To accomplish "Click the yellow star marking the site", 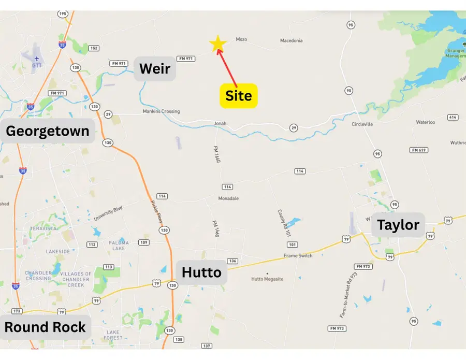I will tap(217, 45).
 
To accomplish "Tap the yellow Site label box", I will tap(239, 96).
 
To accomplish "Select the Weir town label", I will tap(155, 68).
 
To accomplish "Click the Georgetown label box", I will tap(48, 131).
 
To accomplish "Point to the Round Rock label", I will tap(45, 327).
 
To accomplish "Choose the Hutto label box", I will tap(202, 272).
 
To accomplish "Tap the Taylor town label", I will tap(398, 225).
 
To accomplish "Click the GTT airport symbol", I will tap(37, 58).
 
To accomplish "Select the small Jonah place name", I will tap(221, 123).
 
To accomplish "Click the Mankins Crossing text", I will tap(161, 111).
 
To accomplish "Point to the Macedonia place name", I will tap(291, 40).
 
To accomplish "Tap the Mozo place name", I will tap(241, 39).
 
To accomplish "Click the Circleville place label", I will tap(362, 124).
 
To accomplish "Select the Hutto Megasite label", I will tap(267, 279).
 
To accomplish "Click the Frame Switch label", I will tap(298, 256).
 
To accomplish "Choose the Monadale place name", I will tap(228, 198).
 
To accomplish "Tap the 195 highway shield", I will tap(63, 13).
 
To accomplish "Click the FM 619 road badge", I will tap(418, 150).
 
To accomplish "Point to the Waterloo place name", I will tap(425, 122).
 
